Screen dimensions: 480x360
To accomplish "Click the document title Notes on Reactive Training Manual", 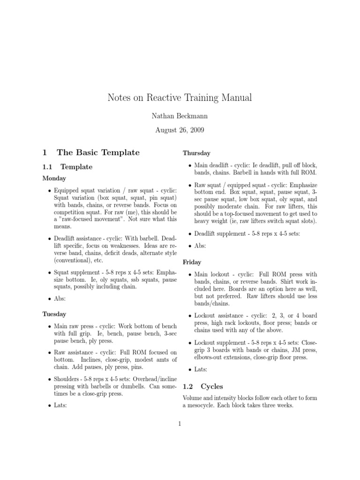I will [180, 98].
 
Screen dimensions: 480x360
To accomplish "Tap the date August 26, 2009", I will [180, 130].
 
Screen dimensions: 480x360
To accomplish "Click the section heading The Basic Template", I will [98, 152].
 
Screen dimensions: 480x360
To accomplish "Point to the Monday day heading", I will [54, 178].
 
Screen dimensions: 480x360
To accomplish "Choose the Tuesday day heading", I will [54, 314].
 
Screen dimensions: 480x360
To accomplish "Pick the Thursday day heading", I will [196, 153].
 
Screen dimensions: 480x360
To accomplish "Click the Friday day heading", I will [192, 262].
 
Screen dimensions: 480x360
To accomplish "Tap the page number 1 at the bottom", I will [180, 424].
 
